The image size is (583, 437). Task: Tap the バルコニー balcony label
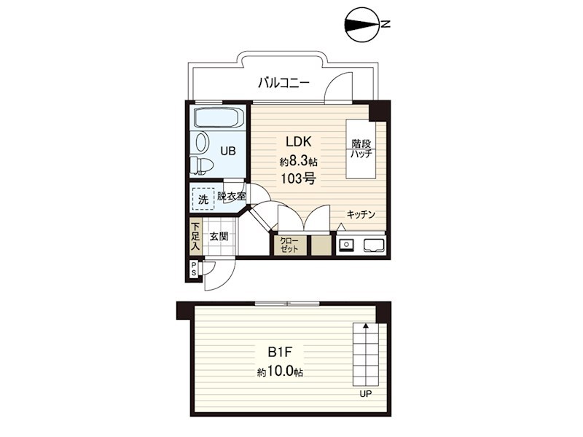[x=283, y=82]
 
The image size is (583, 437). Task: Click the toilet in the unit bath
[x=201, y=165]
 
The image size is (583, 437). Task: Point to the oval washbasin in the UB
[x=202, y=142]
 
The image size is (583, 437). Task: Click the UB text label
[x=227, y=151]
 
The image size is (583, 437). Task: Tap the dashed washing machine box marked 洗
[x=203, y=199]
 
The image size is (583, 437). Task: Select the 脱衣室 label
[x=231, y=196]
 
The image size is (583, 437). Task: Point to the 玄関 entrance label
[x=219, y=236]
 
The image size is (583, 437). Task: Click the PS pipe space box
[x=194, y=269]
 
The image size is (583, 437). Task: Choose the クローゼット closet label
[x=289, y=245]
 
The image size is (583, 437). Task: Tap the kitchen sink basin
[x=374, y=245]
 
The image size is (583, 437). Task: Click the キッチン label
[x=361, y=214]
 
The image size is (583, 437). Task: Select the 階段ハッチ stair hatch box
[x=361, y=149]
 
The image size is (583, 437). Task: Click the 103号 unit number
[x=298, y=179]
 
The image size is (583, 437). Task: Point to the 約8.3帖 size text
[x=298, y=161]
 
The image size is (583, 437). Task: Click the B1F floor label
[x=279, y=352]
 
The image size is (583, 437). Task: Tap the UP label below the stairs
[x=366, y=394]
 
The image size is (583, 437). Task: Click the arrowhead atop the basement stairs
[x=366, y=326]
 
